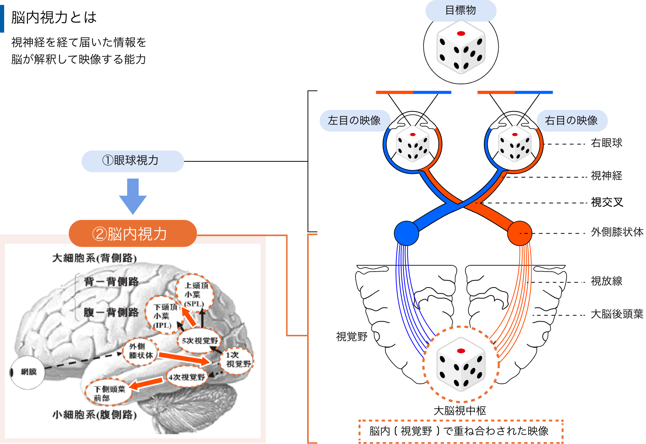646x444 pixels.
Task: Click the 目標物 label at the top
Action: click(461, 10)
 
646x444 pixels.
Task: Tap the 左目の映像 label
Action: click(354, 121)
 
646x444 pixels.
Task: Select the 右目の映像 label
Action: click(571, 121)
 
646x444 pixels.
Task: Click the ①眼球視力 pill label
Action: click(133, 161)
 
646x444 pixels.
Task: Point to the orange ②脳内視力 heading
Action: click(133, 234)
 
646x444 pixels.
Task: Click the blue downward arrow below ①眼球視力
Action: click(133, 196)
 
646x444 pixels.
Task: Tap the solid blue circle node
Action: click(406, 233)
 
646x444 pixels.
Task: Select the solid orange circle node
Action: click(519, 233)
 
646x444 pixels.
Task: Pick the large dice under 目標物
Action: click(461, 47)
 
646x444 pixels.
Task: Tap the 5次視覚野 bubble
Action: click(200, 340)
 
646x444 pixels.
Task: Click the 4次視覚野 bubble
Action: click(187, 377)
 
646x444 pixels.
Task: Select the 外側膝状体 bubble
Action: click(141, 351)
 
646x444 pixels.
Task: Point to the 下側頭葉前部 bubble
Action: click(109, 393)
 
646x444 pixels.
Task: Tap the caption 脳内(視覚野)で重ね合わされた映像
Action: click(460, 431)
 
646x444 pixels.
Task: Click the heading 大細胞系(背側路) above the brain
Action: click(94, 258)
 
